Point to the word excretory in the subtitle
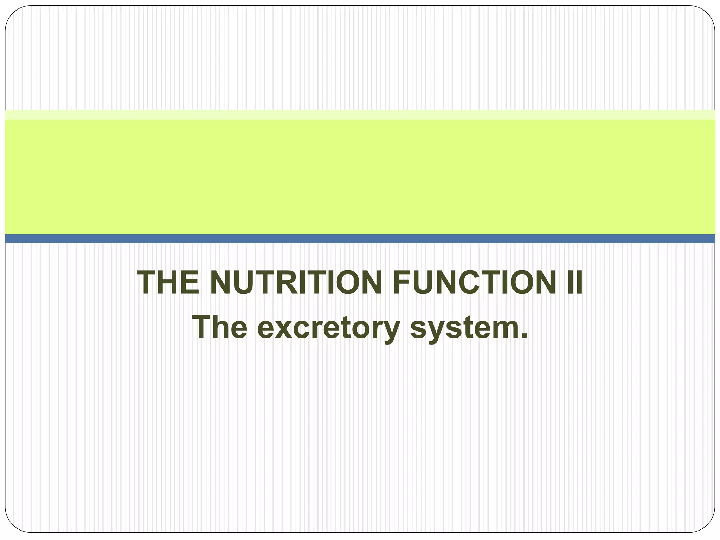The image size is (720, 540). pos(328,328)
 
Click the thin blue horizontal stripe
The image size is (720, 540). pos(360,239)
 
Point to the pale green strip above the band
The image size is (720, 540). pos(360,115)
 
